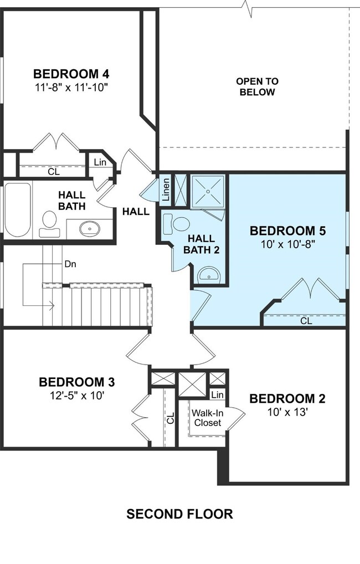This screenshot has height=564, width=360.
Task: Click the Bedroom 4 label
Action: (x=71, y=74)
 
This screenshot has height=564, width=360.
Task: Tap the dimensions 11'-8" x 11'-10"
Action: (x=72, y=88)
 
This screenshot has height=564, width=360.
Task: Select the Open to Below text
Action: (x=257, y=86)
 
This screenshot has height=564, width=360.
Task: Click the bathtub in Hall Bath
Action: (x=17, y=210)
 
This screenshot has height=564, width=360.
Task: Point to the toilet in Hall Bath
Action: (x=50, y=224)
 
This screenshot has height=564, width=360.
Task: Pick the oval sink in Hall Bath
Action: (x=90, y=229)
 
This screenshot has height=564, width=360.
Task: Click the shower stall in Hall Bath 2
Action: (x=208, y=191)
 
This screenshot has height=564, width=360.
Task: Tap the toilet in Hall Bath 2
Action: (x=176, y=223)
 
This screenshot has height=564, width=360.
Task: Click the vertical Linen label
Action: (x=166, y=189)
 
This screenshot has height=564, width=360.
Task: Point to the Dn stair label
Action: (x=70, y=264)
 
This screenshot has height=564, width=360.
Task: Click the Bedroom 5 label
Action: (x=287, y=230)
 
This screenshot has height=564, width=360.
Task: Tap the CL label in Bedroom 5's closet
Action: (x=306, y=321)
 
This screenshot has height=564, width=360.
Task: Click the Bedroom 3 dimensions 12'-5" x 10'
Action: (x=77, y=396)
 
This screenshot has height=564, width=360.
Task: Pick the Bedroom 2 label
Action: (x=287, y=398)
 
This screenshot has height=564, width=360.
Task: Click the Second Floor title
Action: (x=180, y=514)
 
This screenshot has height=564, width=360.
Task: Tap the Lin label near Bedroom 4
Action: (x=100, y=162)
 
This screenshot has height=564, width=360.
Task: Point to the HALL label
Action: (x=136, y=212)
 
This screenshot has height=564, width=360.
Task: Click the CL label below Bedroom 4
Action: (x=54, y=172)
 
